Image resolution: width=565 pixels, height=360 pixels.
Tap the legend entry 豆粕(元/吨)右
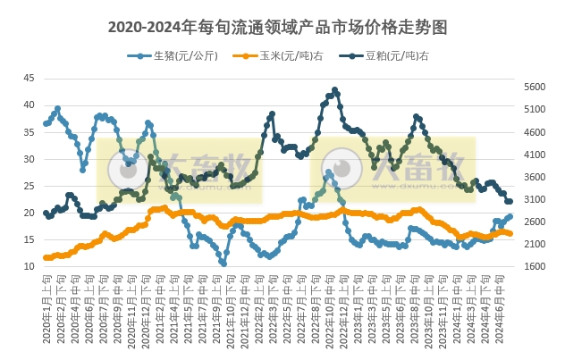(397, 55)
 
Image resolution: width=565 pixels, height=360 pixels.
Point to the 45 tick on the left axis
(29, 79)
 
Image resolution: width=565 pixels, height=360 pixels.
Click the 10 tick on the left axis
(29, 266)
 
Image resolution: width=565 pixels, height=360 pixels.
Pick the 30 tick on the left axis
(29, 159)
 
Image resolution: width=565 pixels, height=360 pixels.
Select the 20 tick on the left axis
(29, 213)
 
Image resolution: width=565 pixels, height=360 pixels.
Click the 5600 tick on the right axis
(534, 88)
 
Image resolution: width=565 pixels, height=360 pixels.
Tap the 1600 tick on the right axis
(534, 266)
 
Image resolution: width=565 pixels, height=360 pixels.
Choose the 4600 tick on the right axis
(534, 132)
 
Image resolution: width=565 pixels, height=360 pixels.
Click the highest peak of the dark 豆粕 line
(334, 89)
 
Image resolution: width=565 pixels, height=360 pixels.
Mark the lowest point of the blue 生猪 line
(223, 264)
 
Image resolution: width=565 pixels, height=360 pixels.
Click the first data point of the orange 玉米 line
(46, 257)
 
